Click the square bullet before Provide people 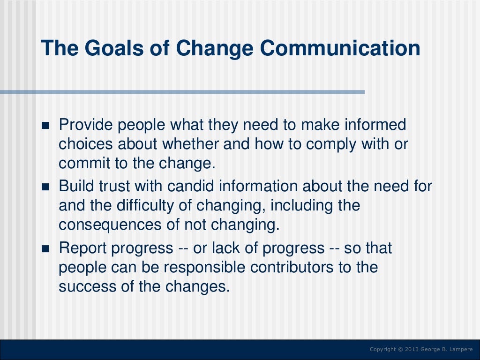pos(45,127)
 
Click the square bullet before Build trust pos(45,187)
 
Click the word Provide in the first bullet pos(85,126)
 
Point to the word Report pos(82,248)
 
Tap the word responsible pos(201,267)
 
